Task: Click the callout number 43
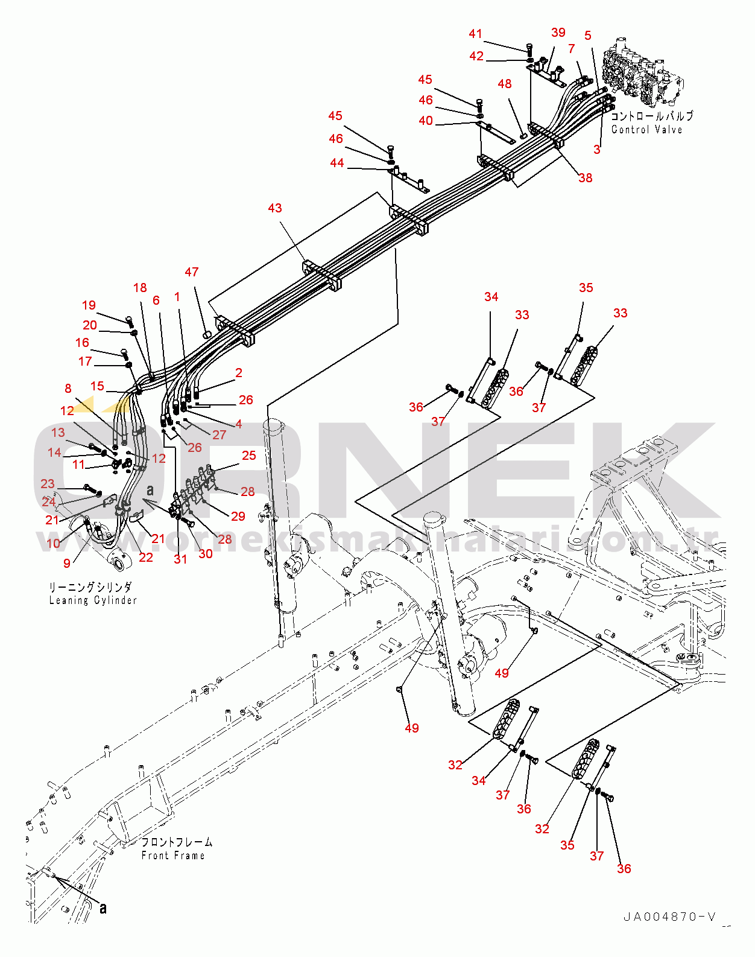(x=274, y=208)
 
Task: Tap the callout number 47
(x=192, y=272)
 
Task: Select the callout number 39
(x=558, y=33)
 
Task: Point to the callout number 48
(x=505, y=84)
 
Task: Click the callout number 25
(x=249, y=456)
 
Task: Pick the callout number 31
(x=180, y=559)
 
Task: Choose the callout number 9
(x=67, y=563)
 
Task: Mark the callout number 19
(x=89, y=305)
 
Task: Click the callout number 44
(x=337, y=163)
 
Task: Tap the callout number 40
(x=426, y=121)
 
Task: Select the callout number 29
(x=238, y=516)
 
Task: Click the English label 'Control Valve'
(x=646, y=130)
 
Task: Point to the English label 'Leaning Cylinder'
(x=93, y=600)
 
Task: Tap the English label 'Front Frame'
(x=173, y=856)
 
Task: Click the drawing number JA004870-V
(x=669, y=917)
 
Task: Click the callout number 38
(x=585, y=178)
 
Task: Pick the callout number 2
(x=239, y=373)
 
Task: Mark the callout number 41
(x=476, y=34)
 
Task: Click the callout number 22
(x=146, y=557)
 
